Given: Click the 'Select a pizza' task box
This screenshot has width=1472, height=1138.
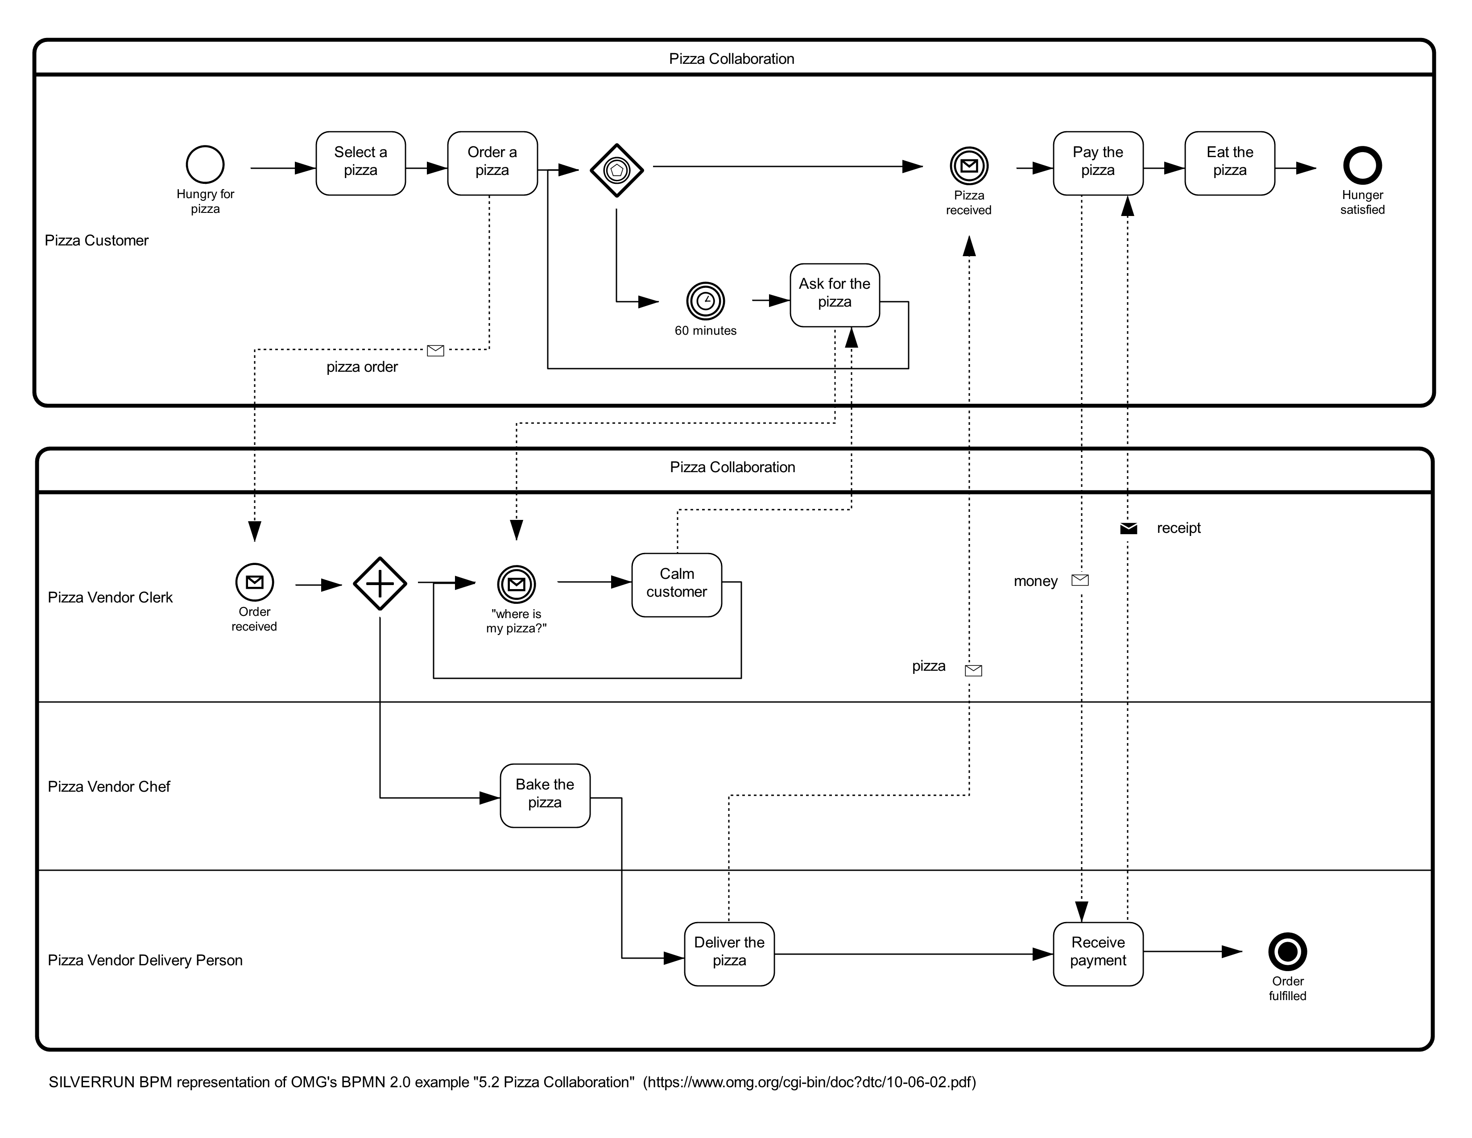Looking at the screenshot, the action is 360,163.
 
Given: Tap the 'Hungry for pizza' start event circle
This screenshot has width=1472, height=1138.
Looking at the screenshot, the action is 205,165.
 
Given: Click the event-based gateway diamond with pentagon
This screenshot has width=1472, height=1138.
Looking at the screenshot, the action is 617,170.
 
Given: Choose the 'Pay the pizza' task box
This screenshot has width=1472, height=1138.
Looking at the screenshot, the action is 1098,163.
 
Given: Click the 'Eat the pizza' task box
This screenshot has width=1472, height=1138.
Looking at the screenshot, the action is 1230,163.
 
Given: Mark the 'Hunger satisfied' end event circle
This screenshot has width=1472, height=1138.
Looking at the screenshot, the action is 1362,165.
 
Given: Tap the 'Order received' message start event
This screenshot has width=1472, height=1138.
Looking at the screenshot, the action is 255,582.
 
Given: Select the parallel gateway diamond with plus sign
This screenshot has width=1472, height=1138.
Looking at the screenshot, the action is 380,584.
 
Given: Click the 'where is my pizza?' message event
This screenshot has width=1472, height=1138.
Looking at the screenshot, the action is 516,584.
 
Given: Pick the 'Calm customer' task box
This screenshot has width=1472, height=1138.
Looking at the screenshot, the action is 677,585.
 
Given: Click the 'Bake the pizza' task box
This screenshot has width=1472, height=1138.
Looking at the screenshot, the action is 545,796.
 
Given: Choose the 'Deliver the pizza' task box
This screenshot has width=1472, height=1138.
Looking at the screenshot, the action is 729,954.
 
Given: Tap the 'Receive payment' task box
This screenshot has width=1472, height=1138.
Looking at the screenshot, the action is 1098,954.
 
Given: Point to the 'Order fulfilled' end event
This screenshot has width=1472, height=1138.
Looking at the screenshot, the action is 1287,951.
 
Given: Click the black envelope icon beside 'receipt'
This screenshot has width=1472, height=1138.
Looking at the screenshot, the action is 1128,528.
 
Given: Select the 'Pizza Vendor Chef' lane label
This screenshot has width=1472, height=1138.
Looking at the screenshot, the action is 109,787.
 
